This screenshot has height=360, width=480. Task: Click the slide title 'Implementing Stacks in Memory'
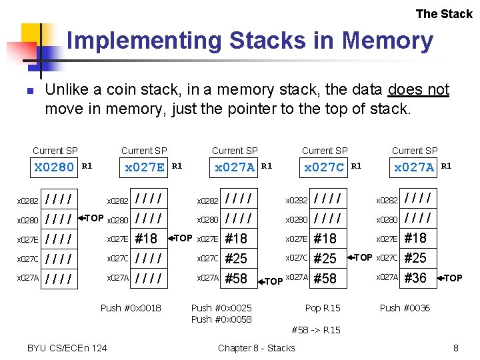tap(250, 41)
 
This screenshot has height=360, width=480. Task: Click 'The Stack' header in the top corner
tap(443, 14)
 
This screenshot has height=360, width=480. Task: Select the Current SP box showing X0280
tap(55, 167)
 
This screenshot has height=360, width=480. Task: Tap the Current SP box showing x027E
tap(145, 167)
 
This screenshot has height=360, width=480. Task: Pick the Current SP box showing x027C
tap(325, 167)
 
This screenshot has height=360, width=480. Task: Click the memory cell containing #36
tap(415, 278)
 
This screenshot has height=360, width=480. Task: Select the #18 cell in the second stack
tap(146, 239)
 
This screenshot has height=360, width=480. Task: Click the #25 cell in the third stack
tap(236, 259)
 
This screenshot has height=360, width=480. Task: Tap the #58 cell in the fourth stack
tap(325, 278)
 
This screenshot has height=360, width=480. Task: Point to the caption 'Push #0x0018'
tap(131, 308)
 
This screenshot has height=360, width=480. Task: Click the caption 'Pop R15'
tap(323, 308)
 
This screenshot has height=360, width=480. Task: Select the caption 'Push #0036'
tap(405, 308)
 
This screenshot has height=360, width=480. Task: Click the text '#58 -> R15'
tap(316, 330)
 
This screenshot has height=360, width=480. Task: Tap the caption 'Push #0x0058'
tap(221, 319)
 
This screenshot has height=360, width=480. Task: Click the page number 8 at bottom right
tap(455, 347)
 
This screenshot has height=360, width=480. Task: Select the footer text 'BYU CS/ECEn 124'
tap(67, 347)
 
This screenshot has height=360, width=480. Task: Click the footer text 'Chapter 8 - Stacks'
tap(256, 347)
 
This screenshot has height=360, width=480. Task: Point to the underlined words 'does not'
tap(418, 90)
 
